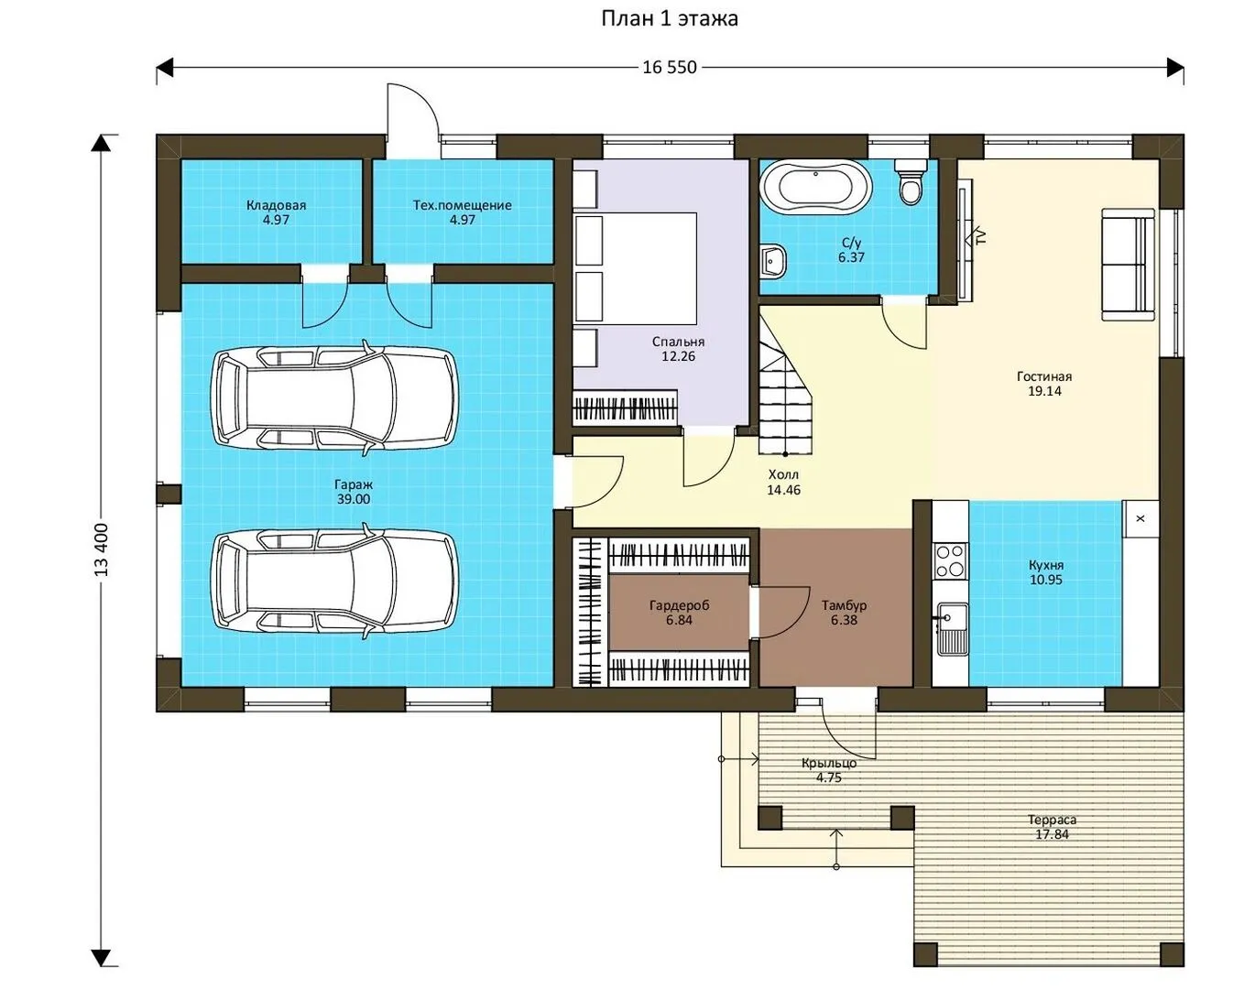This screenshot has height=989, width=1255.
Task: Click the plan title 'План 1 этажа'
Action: click(x=670, y=18)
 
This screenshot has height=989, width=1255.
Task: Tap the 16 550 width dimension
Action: click(x=670, y=68)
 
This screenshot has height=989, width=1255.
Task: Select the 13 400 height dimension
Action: click(x=102, y=549)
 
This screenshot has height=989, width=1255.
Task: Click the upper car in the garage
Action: click(x=334, y=397)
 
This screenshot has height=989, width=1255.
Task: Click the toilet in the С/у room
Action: click(x=911, y=181)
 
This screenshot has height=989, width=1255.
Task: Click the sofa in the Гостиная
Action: click(x=1128, y=264)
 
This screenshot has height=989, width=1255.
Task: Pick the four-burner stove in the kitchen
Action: click(x=950, y=560)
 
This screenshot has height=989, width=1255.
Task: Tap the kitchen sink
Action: click(x=953, y=629)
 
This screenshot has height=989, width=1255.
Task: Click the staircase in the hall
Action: click(x=784, y=392)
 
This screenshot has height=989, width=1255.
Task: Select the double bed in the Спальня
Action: click(x=636, y=268)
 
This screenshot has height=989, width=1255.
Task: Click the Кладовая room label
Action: click(x=276, y=205)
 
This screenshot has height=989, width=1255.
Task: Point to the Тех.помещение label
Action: click(x=463, y=205)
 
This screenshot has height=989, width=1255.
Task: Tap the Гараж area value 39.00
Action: click(x=354, y=499)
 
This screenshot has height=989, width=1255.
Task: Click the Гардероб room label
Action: click(x=680, y=605)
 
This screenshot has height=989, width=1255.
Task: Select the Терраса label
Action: click(x=1052, y=820)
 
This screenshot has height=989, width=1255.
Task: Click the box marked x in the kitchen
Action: click(x=1140, y=518)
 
